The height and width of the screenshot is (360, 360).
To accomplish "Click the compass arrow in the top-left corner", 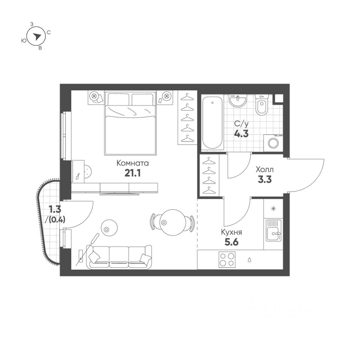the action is [x=37, y=36].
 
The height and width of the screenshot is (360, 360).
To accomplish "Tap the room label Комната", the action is [x=133, y=163].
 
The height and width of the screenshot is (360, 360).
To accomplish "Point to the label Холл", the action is [x=265, y=169].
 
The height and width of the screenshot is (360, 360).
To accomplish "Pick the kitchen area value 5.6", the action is [x=231, y=242].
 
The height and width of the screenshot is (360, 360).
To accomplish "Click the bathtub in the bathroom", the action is [x=212, y=122].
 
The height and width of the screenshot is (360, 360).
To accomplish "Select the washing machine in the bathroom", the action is [x=273, y=142].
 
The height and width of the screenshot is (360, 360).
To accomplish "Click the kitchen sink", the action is [x=273, y=231].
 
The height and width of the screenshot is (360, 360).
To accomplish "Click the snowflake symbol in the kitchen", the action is [x=273, y=208].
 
